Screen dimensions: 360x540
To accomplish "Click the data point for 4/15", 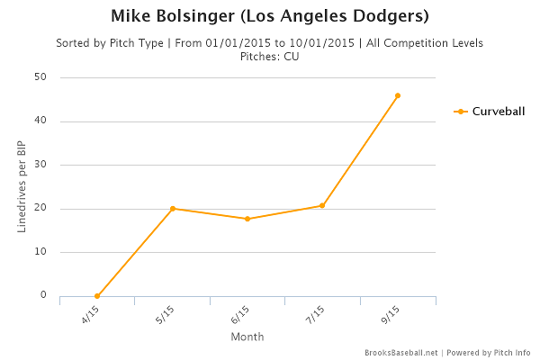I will [97, 296].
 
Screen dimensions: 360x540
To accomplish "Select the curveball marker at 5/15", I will [173, 209].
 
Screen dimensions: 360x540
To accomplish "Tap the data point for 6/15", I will [247, 219].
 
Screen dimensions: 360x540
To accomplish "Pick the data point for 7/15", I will [322, 205].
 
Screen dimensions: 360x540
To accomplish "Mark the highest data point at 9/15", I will [398, 95].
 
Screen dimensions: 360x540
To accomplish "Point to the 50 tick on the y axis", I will [40, 77].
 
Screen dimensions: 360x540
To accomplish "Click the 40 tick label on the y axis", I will [40, 121].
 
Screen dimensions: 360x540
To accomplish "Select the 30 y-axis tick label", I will [40, 165].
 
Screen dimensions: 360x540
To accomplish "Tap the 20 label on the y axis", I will [40, 209].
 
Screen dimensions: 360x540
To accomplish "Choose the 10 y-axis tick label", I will [40, 252].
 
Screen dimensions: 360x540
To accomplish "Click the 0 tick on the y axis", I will [43, 295].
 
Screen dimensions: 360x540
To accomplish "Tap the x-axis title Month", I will [247, 337].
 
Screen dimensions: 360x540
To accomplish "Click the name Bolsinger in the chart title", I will [196, 16].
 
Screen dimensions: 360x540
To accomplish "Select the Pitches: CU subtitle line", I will [269, 56].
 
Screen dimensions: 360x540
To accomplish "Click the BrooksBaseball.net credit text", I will [400, 352].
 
